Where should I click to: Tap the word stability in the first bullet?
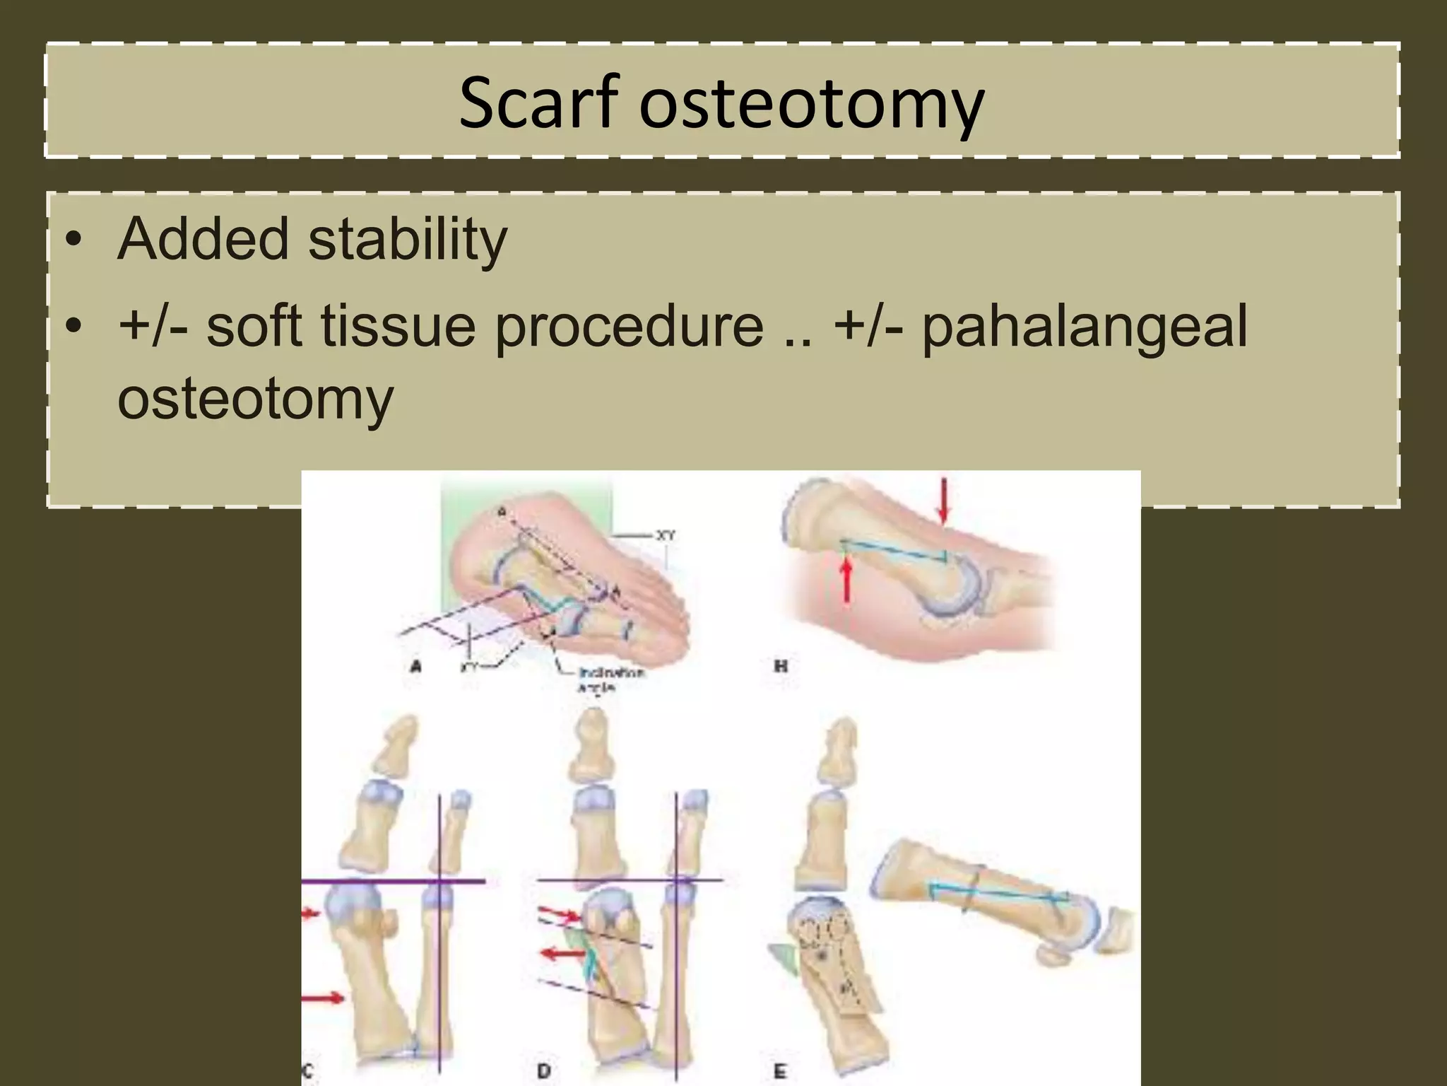(x=408, y=239)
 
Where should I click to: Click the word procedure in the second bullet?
(x=629, y=328)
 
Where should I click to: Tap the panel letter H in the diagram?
(x=781, y=665)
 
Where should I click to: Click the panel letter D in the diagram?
(x=543, y=1072)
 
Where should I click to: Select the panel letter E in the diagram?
(x=780, y=1072)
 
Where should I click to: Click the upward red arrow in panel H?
(x=845, y=576)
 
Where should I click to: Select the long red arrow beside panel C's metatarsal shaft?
(x=324, y=998)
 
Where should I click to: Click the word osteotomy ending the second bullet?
(x=255, y=399)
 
